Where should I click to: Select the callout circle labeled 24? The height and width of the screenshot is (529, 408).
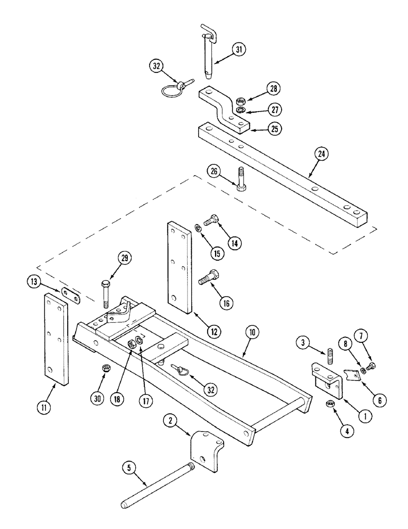(x=322, y=154)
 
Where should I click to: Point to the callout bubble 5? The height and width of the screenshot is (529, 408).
(x=129, y=468)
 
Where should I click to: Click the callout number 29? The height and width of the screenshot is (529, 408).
(x=125, y=259)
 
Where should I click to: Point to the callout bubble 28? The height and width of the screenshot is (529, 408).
(x=273, y=88)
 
